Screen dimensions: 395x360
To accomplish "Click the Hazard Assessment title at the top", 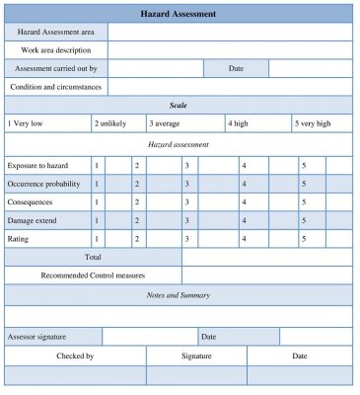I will tap(180, 14).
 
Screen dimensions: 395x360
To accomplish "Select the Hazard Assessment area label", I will tap(56, 33).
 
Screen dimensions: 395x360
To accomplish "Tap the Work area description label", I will tap(56, 50).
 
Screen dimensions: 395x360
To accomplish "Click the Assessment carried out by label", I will tap(56, 68).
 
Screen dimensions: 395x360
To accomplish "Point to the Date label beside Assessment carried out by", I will tap(236, 68).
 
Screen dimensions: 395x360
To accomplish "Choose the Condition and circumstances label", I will tap(56, 86).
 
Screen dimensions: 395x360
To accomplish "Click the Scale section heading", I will tap(180, 105).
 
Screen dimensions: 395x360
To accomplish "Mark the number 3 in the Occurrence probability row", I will tap(186, 184).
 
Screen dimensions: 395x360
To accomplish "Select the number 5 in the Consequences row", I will tap(304, 201).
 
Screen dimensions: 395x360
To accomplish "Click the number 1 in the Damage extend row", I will tap(97, 220).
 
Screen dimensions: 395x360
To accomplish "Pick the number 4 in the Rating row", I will tap(244, 239).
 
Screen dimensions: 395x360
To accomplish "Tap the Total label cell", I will tap(93, 257).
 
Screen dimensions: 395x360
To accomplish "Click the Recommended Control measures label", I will tap(93, 276).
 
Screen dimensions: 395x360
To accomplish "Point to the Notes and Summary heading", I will tap(180, 294).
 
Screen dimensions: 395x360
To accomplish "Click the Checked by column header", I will tap(75, 355).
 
